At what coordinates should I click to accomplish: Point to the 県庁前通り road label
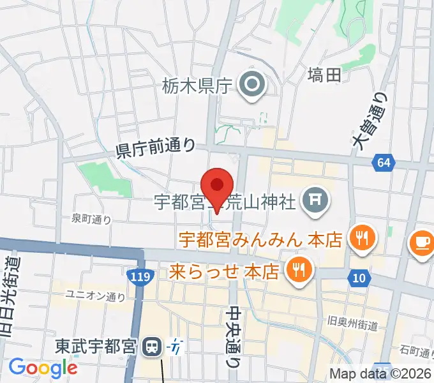(156, 148)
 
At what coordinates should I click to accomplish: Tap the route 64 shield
(382, 163)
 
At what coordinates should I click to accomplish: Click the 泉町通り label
(91, 220)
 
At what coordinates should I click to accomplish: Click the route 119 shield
(142, 277)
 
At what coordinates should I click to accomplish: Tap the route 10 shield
(359, 277)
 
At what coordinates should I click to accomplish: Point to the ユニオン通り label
(96, 296)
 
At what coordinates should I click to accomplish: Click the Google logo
(42, 367)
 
